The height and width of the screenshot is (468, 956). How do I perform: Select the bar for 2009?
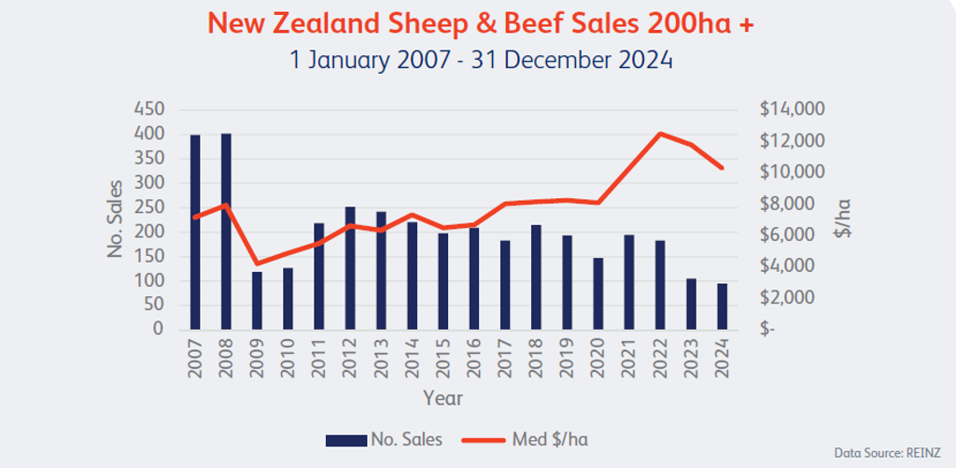click(x=257, y=301)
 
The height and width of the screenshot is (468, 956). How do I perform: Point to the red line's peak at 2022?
click(x=660, y=134)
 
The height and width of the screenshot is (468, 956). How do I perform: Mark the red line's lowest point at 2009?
click(x=257, y=263)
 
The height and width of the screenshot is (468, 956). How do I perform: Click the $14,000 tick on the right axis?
click(x=791, y=109)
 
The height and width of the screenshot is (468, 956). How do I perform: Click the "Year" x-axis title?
click(x=443, y=397)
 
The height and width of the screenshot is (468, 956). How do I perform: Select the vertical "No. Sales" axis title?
click(x=117, y=220)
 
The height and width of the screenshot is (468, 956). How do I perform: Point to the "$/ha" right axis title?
click(x=843, y=220)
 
